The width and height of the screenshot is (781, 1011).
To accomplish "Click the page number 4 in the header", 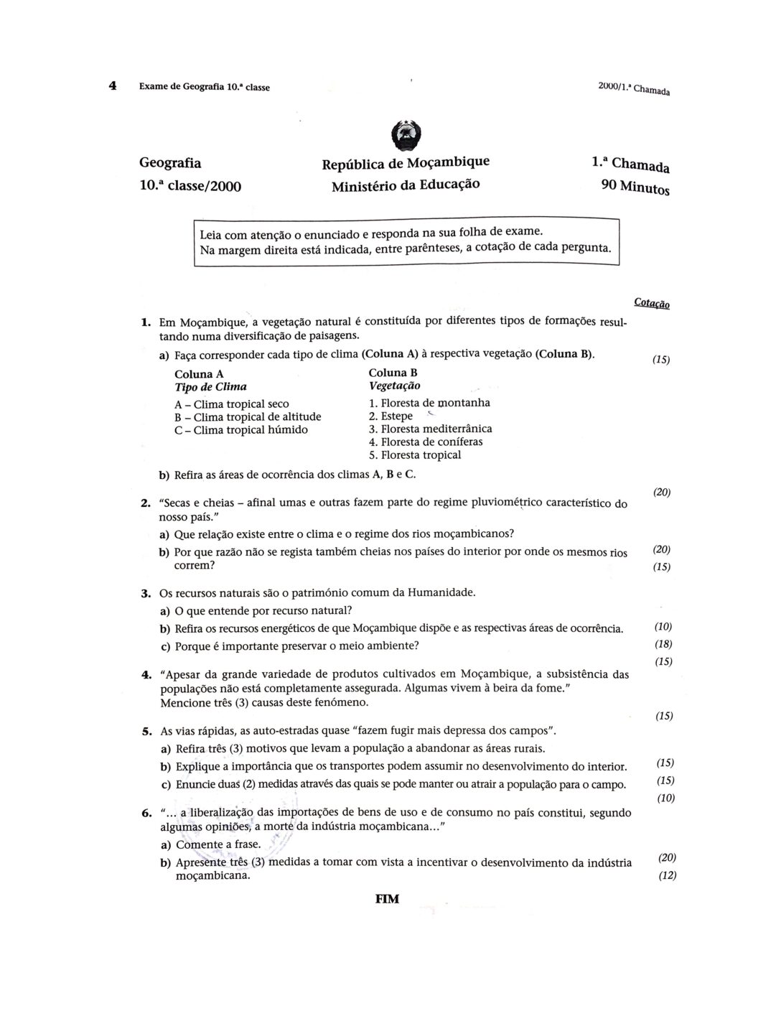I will (113, 85).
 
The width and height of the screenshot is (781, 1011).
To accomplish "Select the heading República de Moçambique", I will (406, 162).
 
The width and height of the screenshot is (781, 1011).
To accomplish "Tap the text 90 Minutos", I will (635, 187).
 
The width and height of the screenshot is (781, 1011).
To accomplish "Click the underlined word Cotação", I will (652, 303).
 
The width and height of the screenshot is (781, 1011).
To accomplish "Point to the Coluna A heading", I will (199, 374).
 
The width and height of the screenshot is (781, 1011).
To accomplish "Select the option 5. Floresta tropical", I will (415, 455).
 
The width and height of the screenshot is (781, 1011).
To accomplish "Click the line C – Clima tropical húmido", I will (240, 430).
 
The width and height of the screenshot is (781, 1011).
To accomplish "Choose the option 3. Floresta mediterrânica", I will (430, 429).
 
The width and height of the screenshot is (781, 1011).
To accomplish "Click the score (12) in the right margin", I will (667, 875).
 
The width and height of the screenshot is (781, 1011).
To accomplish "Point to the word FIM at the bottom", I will (387, 899).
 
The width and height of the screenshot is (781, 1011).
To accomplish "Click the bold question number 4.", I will (146, 675).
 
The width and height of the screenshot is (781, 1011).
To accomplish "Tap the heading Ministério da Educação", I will (406, 185).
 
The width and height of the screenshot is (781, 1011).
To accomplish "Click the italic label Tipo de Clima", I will (210, 387).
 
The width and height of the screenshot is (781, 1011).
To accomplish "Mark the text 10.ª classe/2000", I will (190, 187).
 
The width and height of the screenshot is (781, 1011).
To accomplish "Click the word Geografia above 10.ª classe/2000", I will (170, 163).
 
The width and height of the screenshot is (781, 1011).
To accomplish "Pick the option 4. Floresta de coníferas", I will (426, 442).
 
